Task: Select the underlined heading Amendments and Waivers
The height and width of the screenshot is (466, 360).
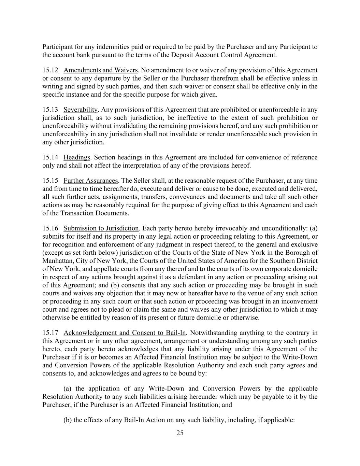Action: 100,70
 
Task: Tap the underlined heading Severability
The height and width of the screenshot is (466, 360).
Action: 80,110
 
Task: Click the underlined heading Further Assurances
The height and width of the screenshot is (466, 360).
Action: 90,181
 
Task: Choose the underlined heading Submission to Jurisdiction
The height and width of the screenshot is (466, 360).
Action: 101,228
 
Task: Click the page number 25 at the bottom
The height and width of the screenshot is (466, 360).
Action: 180,433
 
